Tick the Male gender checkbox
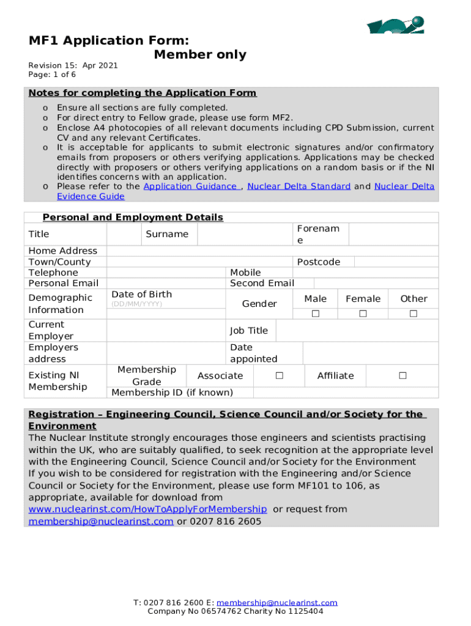[316, 314]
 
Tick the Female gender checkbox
[363, 314]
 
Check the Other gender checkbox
[414, 314]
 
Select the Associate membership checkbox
[279, 375]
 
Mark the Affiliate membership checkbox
[402, 375]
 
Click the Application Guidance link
[191, 186]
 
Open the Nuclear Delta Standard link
[299, 186]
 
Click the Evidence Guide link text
[91, 196]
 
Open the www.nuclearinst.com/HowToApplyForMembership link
[147, 509]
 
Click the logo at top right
[395, 25]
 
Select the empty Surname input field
[245, 234]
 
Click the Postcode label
[318, 262]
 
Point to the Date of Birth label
[141, 294]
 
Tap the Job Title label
[248, 331]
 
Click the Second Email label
[262, 283]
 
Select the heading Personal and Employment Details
[133, 218]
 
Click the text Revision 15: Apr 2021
[73, 65]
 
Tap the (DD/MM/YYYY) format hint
[136, 304]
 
